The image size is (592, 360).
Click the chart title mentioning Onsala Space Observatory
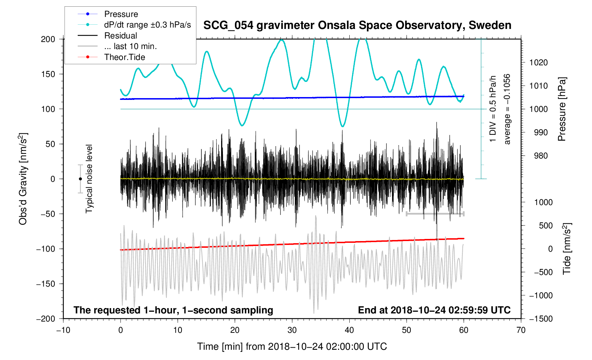(x=357, y=25)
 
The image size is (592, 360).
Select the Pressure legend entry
(x=121, y=14)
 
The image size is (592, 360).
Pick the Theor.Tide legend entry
(x=124, y=57)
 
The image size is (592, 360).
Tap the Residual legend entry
(x=120, y=36)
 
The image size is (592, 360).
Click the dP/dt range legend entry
(x=147, y=25)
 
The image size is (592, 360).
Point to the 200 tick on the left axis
(x=48, y=39)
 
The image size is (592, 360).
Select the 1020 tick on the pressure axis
(x=538, y=63)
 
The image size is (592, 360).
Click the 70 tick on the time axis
(x=521, y=330)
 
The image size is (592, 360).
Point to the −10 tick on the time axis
(x=63, y=330)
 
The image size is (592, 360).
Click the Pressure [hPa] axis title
(x=562, y=109)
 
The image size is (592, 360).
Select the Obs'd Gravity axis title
(x=23, y=179)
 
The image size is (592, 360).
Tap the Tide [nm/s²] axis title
(x=567, y=249)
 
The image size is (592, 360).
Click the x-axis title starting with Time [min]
(x=292, y=347)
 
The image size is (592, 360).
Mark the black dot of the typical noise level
(x=80, y=179)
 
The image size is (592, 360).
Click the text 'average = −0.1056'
(x=507, y=109)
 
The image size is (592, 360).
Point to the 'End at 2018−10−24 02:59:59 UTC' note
(x=434, y=310)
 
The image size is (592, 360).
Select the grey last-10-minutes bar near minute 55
(x=435, y=214)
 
